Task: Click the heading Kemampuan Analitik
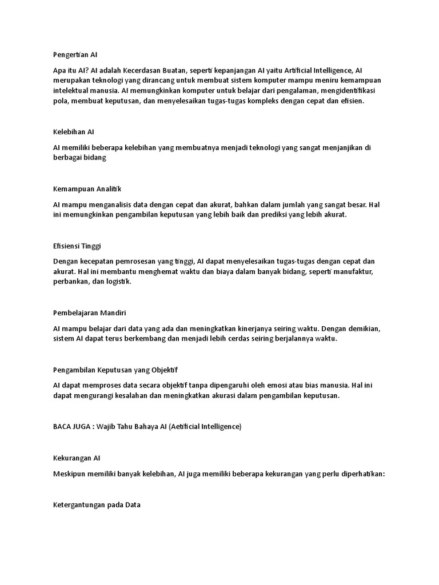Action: (87, 189)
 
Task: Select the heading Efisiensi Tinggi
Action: (77, 246)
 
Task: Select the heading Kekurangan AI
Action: (77, 458)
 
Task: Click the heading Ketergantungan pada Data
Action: (97, 505)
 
